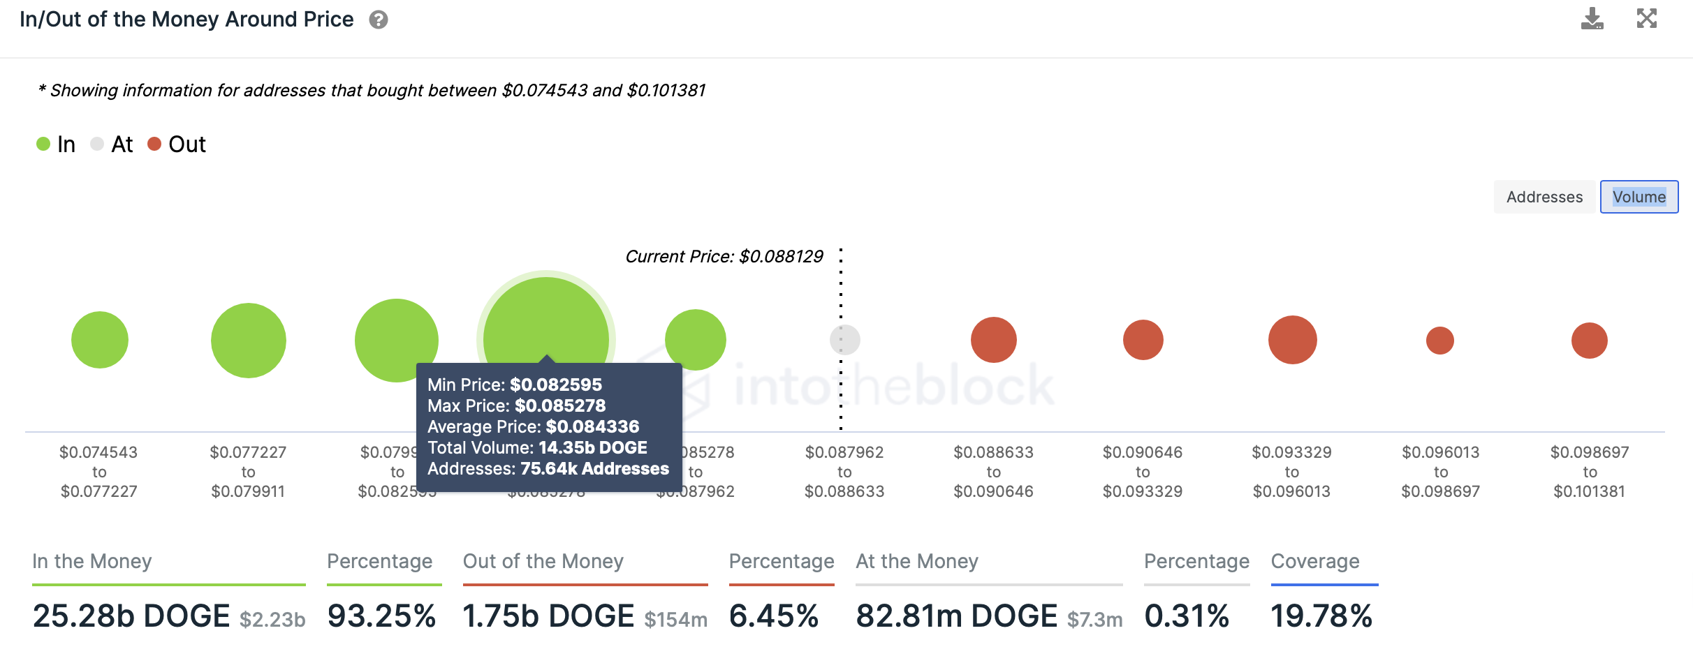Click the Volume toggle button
1639,197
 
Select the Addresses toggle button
1544,197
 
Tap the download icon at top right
1592,18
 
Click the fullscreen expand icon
1646,18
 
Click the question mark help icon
379,20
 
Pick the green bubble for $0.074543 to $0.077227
100,340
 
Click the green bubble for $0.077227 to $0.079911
249,341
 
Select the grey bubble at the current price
844,340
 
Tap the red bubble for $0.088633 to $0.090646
993,340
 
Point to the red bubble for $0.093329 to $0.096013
1292,340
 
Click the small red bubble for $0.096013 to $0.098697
1440,341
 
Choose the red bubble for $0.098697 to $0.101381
1589,341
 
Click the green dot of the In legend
43,144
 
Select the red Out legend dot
154,144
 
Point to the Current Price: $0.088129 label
724,256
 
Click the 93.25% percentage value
381,616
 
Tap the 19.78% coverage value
1321,616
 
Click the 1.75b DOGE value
548,616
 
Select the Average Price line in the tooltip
533,426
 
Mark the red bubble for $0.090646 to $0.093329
1143,340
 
